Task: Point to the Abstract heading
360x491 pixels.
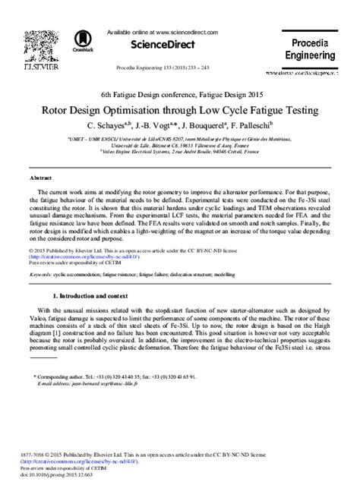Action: click(40, 177)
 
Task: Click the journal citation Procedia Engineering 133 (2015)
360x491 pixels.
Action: click(179, 67)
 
